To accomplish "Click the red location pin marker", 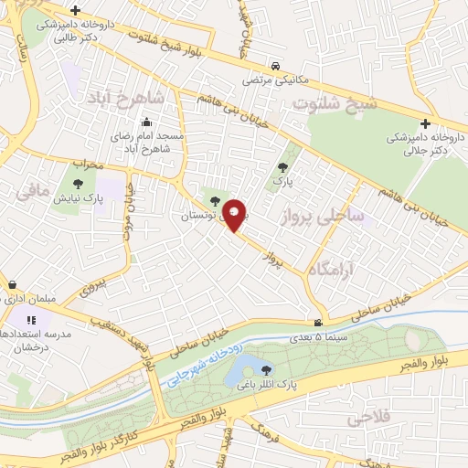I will pyautogui.click(x=235, y=214).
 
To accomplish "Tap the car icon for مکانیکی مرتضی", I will pyautogui.click(x=276, y=67).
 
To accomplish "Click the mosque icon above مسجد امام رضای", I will pyautogui.click(x=145, y=122).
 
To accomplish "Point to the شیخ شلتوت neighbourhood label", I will pyautogui.click(x=333, y=103).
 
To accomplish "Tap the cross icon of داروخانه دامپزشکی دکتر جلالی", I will pyautogui.click(x=425, y=123).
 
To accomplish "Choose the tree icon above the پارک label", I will pyautogui.click(x=282, y=166).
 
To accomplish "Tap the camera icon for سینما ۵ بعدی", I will pyautogui.click(x=317, y=322).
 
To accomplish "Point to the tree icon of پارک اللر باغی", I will pyautogui.click(x=266, y=370).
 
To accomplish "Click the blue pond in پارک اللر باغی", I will pyautogui.click(x=236, y=370).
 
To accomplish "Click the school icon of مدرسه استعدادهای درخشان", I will pyautogui.click(x=31, y=320).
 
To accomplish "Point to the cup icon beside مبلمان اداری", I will pyautogui.click(x=12, y=283).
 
